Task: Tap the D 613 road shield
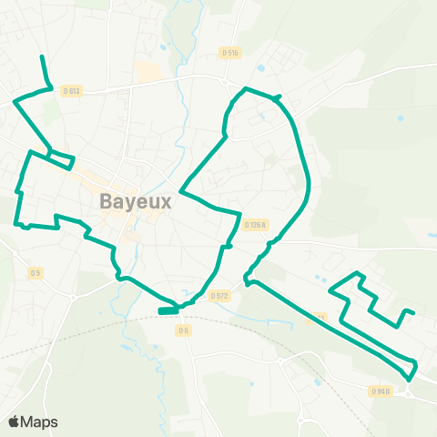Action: pos(72,90)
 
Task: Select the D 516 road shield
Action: pos(229,53)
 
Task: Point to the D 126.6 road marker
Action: pos(257,224)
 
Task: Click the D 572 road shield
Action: pos(218,295)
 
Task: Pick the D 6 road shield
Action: pos(183,330)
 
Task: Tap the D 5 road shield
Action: pos(35,272)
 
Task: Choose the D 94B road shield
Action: pos(381,391)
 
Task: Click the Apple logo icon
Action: pos(15,422)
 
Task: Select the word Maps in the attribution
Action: pos(40,422)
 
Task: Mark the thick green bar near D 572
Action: pos(168,310)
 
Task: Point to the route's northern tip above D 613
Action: pos(42,57)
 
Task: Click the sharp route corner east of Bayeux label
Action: pos(181,192)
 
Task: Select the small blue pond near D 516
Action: pos(262,67)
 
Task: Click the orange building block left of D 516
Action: pos(147,71)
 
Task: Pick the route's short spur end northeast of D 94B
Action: pos(413,312)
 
